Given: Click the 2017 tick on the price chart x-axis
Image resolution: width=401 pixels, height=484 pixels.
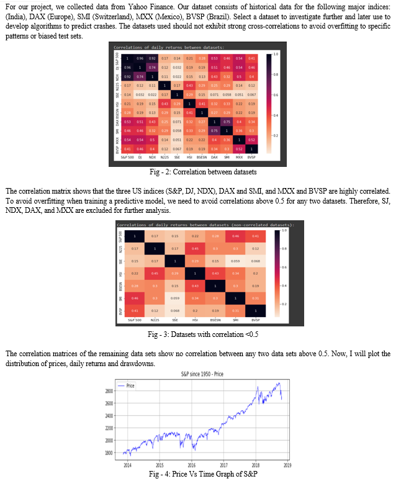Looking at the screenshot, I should (x=224, y=464).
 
